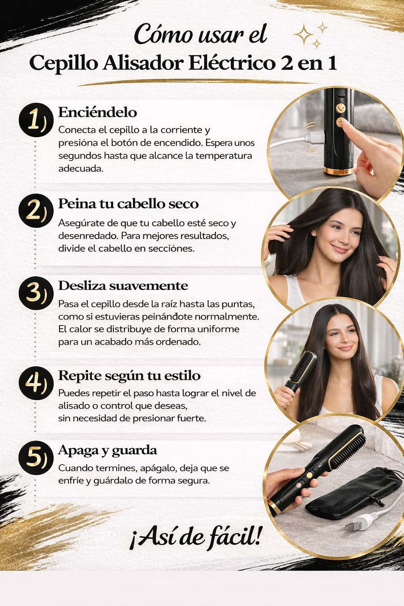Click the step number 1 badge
click(36, 120)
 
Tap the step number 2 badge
click(36, 211)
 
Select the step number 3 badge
click(36, 293)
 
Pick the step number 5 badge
click(36, 458)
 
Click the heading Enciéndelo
click(97, 112)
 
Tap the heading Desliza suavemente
click(123, 286)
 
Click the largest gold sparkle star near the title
click(304, 34)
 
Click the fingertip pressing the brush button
click(345, 122)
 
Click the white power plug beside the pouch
click(359, 522)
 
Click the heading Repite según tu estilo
click(129, 376)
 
